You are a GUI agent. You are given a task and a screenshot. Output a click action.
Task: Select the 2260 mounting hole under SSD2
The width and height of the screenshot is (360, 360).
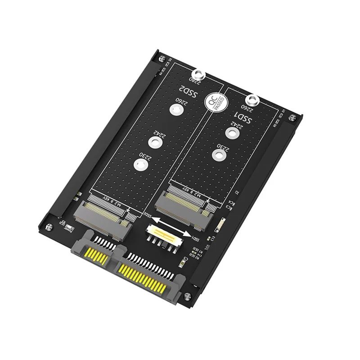click(175, 109)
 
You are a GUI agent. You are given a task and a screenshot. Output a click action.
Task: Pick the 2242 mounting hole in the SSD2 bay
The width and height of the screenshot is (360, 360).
click(155, 142)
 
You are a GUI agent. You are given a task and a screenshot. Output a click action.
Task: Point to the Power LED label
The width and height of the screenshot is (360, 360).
click(69, 228)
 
